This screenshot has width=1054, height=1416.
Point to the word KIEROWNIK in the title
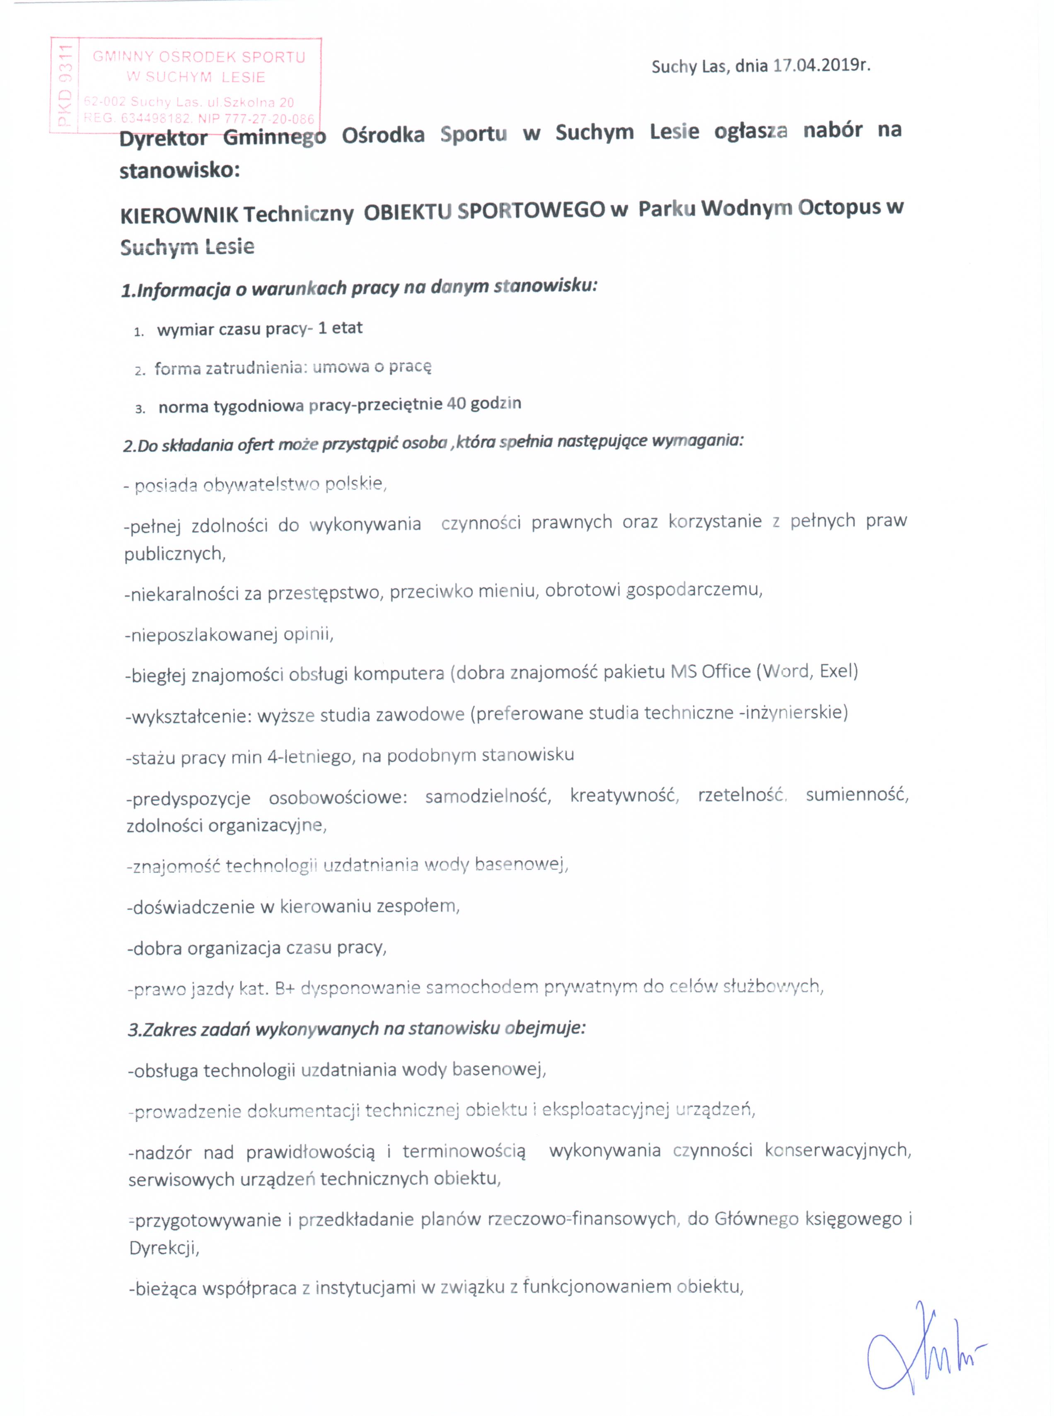click(x=179, y=215)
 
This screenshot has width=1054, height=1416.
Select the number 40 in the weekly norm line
click(x=457, y=404)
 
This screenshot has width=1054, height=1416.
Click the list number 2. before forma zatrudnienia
click(x=140, y=371)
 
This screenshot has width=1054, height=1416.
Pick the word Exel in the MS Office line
click(x=838, y=671)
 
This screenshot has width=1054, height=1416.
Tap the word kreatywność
click(x=624, y=795)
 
